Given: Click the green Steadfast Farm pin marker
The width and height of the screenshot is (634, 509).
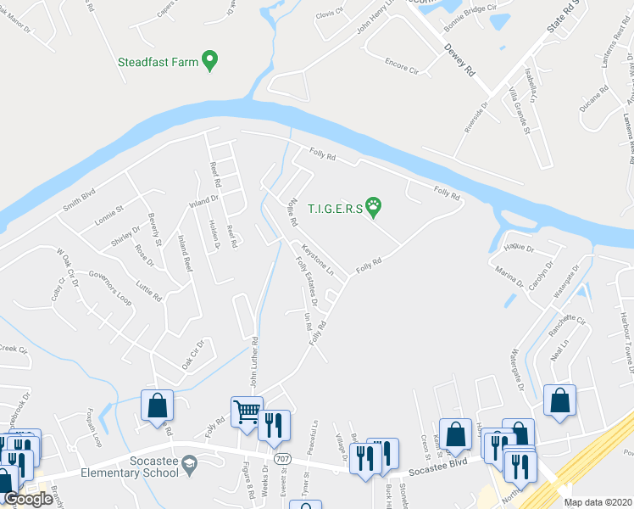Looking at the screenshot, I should click(211, 60).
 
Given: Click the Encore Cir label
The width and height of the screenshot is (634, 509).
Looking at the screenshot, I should click(402, 64).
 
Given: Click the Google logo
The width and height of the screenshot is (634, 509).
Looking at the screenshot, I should click(29, 499).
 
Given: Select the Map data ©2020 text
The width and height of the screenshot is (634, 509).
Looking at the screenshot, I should click(596, 502).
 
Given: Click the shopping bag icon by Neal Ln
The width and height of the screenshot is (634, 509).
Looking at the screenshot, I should click(559, 402).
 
